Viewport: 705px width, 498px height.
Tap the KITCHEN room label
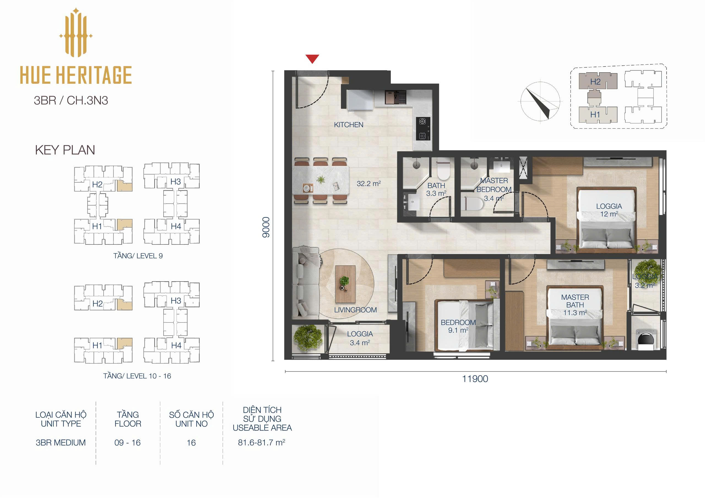[349, 125]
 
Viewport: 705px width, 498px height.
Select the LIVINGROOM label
[355, 310]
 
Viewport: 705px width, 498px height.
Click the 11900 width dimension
[475, 379]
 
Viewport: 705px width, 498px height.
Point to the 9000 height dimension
[266, 227]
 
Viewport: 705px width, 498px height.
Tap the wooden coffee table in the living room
[345, 284]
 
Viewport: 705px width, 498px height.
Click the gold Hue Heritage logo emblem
[76, 32]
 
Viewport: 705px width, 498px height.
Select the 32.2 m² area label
[369, 184]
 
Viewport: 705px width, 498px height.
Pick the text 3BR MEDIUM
[61, 442]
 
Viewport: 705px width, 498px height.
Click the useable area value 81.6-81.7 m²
[262, 442]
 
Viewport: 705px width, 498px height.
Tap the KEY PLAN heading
[65, 150]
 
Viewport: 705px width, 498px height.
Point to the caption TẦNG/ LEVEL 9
[138, 256]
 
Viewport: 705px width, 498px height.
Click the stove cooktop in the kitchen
[423, 128]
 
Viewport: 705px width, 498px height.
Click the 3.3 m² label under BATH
[436, 194]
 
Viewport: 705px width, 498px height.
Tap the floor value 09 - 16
[128, 442]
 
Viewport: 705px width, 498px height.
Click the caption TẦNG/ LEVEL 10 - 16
[137, 376]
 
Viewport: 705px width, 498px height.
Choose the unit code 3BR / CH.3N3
[71, 101]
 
